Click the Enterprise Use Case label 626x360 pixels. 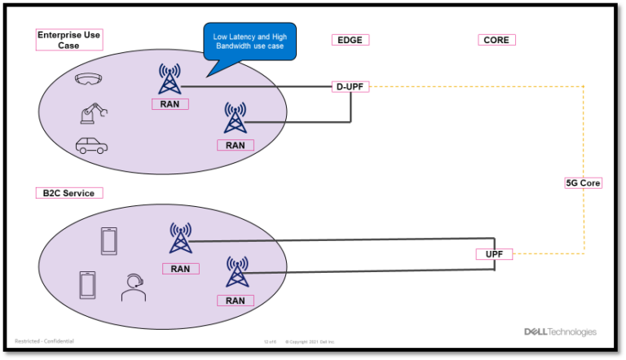(x=68, y=40)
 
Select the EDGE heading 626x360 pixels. (x=350, y=40)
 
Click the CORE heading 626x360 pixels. (x=496, y=40)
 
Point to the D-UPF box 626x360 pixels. (x=350, y=86)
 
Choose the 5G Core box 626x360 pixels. (x=583, y=183)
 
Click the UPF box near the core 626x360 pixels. (x=494, y=254)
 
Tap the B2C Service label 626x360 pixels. (x=68, y=193)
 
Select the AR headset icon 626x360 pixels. (x=88, y=80)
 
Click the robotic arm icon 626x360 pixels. (x=92, y=112)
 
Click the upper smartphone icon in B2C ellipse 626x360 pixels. (x=108, y=240)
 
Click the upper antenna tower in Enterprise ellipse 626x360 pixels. (x=170, y=80)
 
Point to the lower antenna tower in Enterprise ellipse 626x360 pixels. (x=235, y=119)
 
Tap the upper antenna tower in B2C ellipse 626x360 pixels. (x=180, y=238)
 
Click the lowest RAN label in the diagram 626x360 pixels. (x=236, y=301)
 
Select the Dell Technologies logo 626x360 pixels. (x=560, y=332)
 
